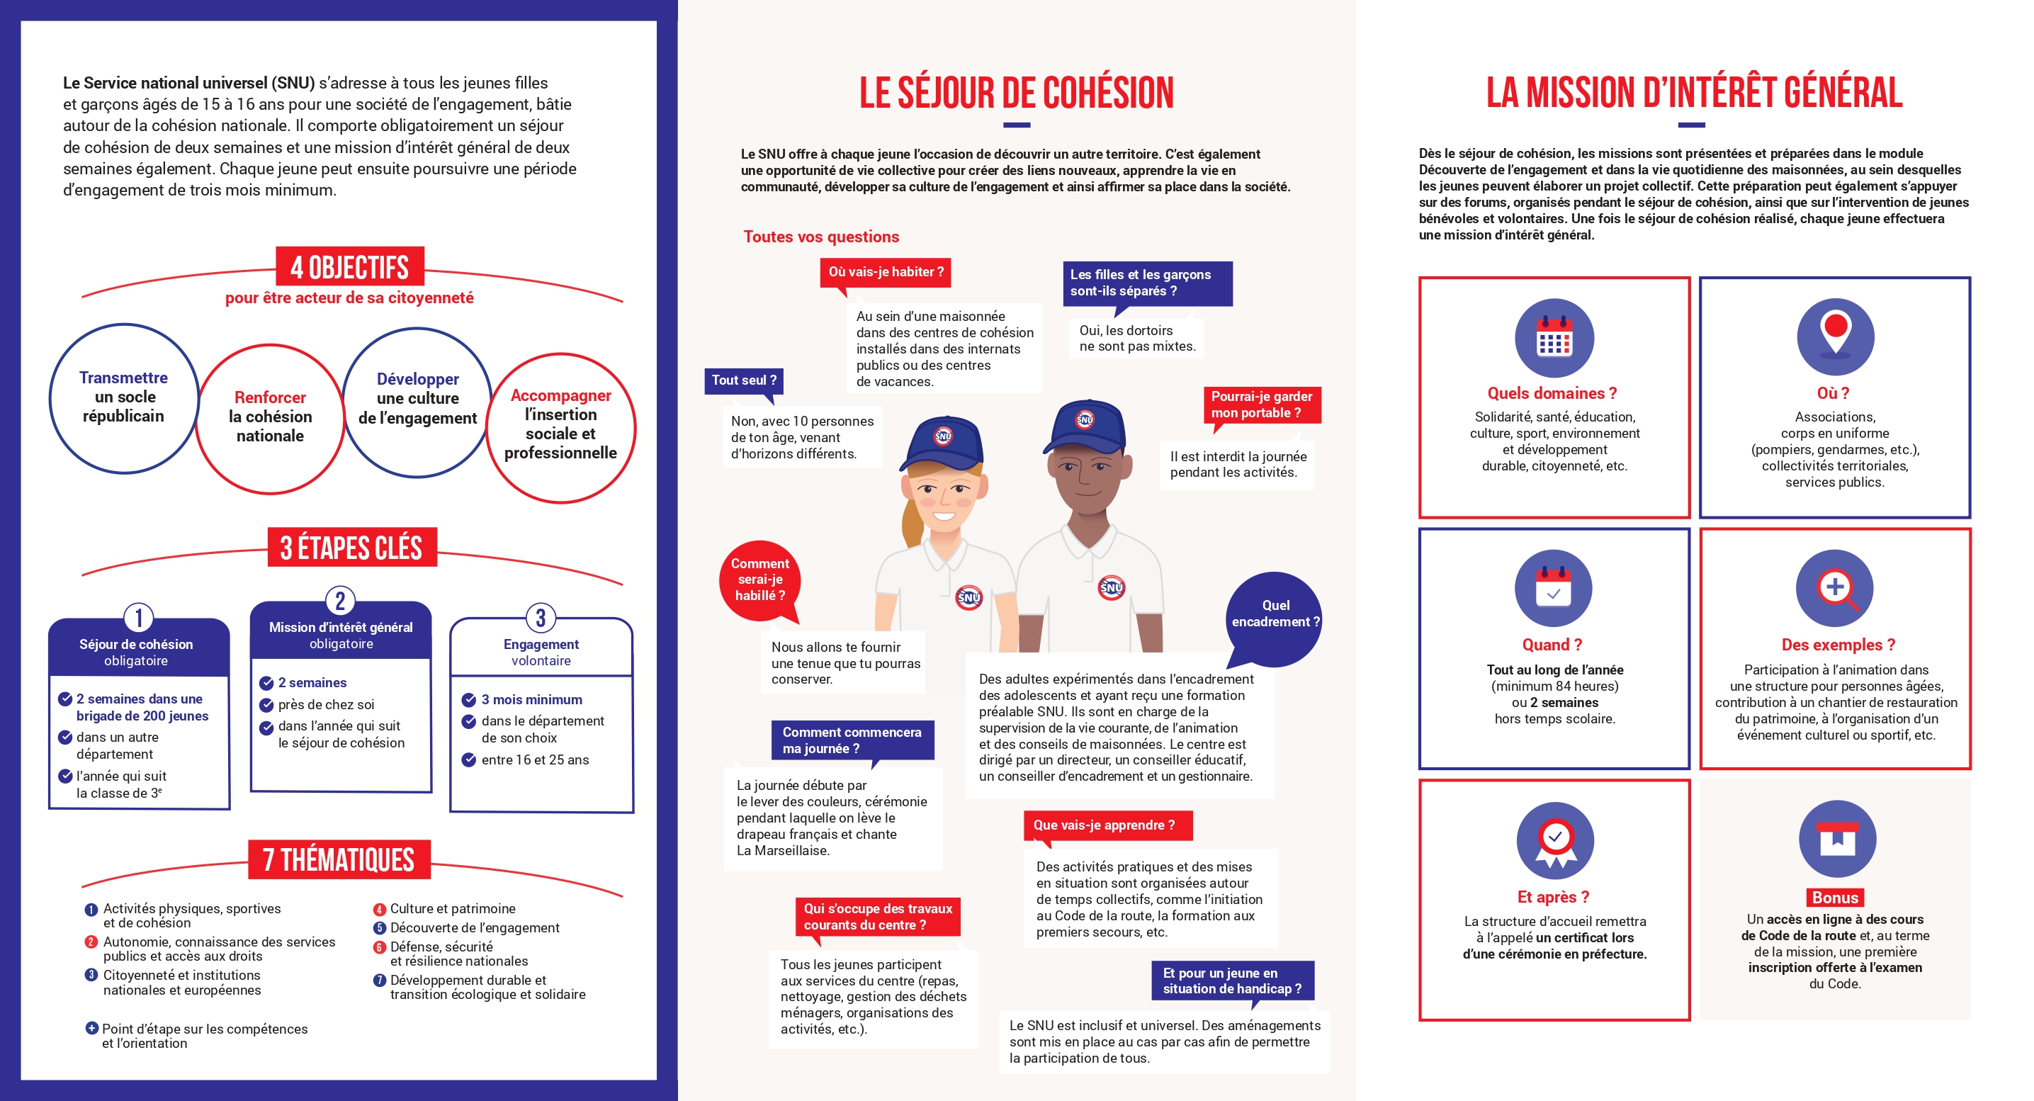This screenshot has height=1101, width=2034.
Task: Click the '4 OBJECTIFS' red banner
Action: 350,267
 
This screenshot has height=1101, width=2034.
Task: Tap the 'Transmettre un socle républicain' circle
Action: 124,397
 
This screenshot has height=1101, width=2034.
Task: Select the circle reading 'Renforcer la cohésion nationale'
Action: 270,417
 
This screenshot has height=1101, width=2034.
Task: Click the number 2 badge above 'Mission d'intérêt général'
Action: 340,601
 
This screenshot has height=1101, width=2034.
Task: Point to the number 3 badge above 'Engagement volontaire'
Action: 541,618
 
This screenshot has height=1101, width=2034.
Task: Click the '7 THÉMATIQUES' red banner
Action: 339,859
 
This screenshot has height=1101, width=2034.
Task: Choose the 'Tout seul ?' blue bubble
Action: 744,380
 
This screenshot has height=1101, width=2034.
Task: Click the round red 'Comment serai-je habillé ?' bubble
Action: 759,580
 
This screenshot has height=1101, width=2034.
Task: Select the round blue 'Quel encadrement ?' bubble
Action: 1275,614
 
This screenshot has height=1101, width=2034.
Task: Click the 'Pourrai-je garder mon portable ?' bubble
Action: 1261,405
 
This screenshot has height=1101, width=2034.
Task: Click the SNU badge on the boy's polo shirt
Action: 1111,587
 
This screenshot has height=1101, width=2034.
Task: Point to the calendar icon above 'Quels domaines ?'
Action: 1554,338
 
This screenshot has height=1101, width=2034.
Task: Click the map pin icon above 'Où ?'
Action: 1835,336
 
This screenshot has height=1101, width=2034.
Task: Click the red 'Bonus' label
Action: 1835,897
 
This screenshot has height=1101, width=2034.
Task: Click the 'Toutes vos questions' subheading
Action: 821,237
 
